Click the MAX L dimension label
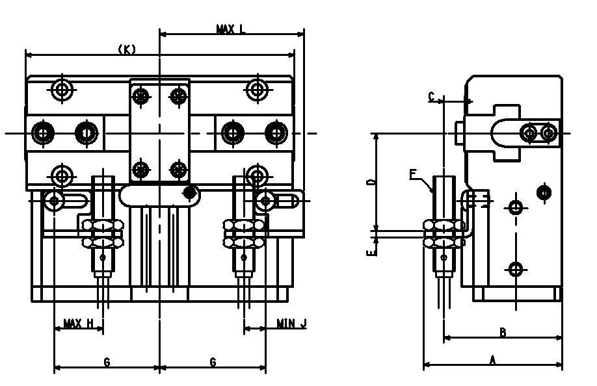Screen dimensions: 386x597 point(231,29)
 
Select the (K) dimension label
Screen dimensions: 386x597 point(127,49)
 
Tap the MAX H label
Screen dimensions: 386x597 point(78,323)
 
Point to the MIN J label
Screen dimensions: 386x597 point(291,323)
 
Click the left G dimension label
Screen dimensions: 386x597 point(107,363)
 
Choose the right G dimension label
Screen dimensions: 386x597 point(213,363)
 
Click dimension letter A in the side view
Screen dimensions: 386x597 point(492,359)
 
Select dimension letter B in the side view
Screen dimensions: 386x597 point(503,333)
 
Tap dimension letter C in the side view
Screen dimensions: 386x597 point(431,97)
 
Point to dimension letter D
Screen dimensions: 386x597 point(370,183)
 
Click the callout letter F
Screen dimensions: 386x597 point(413,174)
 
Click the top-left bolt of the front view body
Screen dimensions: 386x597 point(62,89)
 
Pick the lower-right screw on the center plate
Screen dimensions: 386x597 point(178,170)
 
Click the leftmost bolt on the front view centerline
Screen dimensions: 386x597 point(43,133)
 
